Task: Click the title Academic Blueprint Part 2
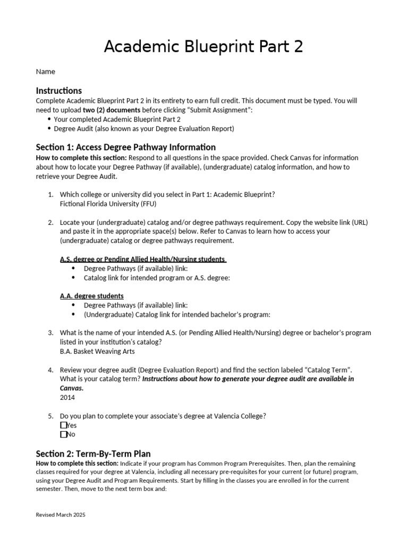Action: point(203,47)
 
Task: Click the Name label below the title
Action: point(45,72)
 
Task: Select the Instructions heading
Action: point(58,91)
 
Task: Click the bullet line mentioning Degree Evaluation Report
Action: point(143,128)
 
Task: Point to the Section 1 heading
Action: point(125,147)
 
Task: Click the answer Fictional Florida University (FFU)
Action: point(108,204)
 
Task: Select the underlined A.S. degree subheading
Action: point(143,259)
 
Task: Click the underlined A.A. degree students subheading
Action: point(91,296)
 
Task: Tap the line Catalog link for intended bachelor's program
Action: point(177,314)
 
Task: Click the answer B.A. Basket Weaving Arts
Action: point(97,351)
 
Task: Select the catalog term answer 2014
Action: point(67,397)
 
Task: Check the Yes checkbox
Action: point(64,425)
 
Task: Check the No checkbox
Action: point(64,434)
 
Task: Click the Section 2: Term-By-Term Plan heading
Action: point(93,453)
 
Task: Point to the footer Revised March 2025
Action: point(60,515)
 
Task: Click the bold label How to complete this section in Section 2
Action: point(73,463)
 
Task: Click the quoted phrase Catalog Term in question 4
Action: point(326,370)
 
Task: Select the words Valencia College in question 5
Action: point(238,416)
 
